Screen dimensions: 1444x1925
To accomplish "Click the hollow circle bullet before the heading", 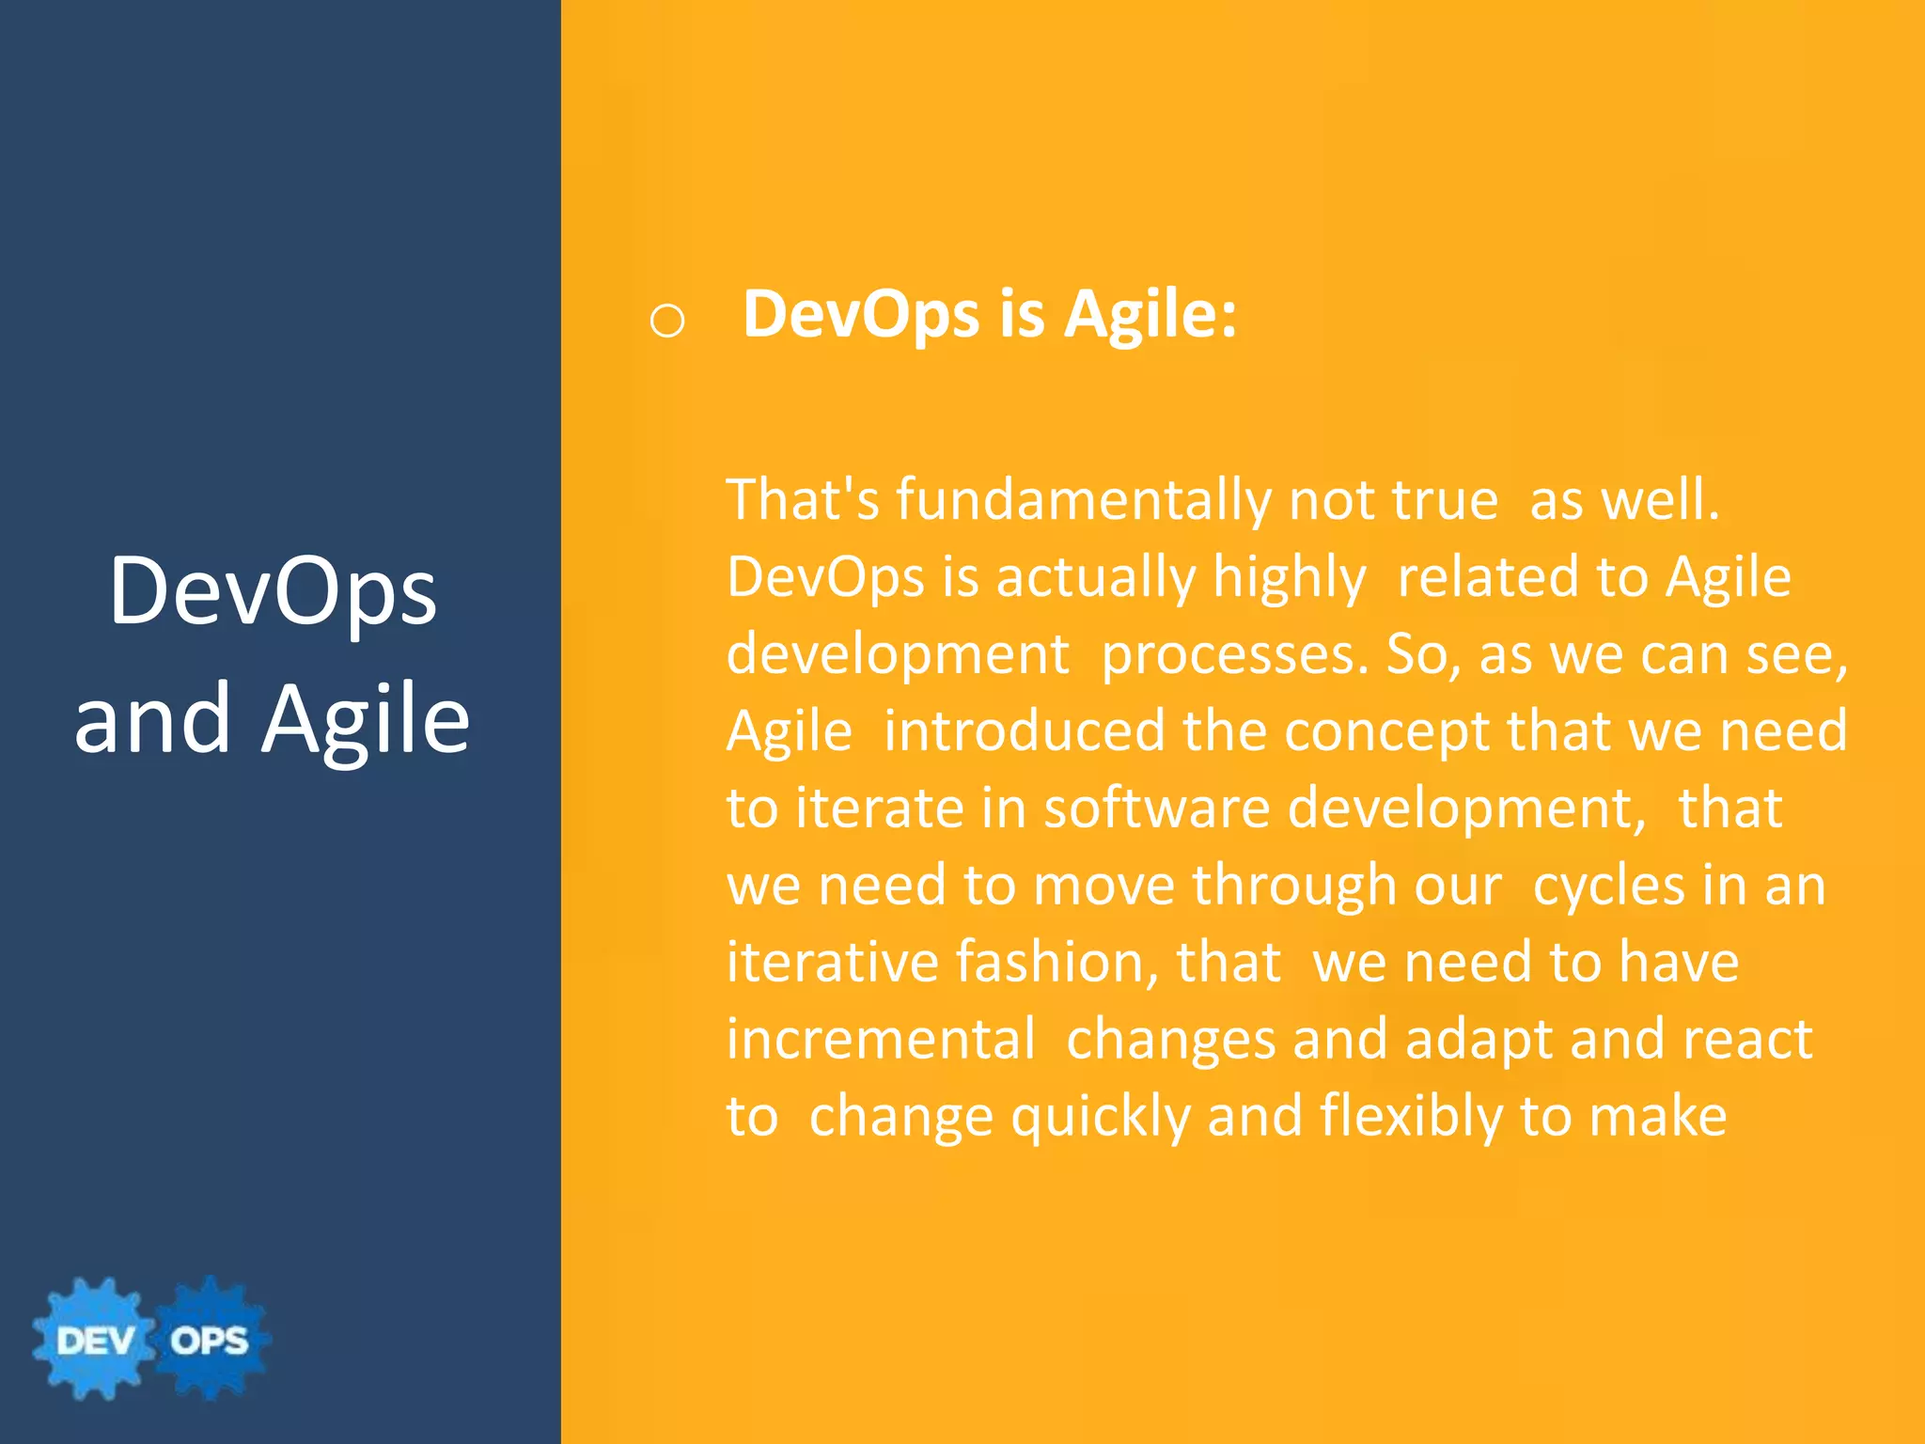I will click(666, 322).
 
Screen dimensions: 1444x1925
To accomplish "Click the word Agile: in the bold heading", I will click(1150, 315).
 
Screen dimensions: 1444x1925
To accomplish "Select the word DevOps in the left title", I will click(273, 591).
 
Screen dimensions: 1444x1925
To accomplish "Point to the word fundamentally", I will click(1083, 500).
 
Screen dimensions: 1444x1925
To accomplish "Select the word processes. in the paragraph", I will click(1235, 654).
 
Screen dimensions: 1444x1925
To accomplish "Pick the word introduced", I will click(1025, 731).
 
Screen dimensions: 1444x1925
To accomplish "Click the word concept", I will click(1386, 731).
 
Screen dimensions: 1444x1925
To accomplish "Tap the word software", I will click(1156, 808).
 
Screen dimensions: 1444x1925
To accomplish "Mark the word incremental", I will click(881, 1040).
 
